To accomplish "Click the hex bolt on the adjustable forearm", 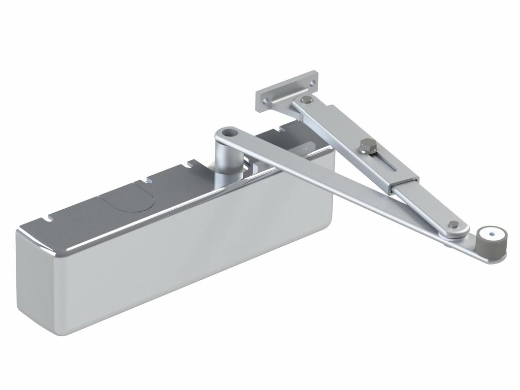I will click(365, 148).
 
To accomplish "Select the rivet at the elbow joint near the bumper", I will click(453, 224).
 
